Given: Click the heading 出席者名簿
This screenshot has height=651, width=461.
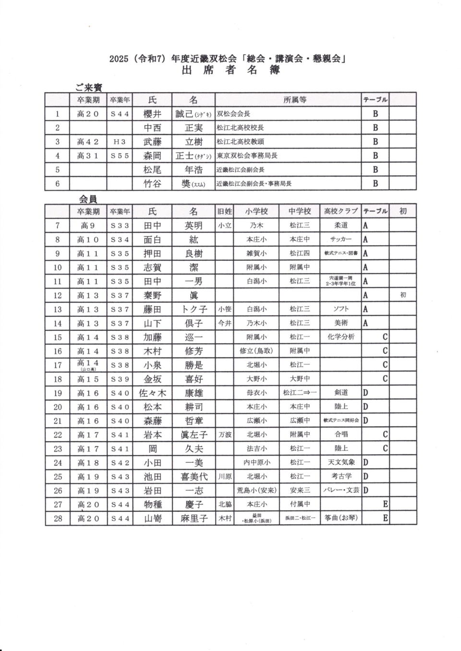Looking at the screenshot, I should click(x=230, y=70).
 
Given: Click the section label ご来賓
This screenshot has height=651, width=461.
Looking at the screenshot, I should click(x=88, y=87).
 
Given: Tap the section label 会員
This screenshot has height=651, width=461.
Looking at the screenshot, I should click(x=88, y=199).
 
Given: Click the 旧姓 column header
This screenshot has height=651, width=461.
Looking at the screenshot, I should click(x=224, y=211).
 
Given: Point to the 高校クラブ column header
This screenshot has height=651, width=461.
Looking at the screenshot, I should click(x=341, y=211).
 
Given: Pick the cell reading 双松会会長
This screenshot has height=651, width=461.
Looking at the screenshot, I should click(x=233, y=114).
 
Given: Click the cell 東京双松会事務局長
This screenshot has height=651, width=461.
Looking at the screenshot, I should click(x=247, y=156).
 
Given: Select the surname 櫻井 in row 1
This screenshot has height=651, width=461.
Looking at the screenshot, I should click(x=152, y=114).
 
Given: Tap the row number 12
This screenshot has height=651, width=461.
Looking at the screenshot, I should click(x=58, y=295).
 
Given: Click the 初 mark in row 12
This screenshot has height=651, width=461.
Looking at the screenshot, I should click(x=402, y=295).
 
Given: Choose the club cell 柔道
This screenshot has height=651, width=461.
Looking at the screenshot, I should click(x=341, y=225).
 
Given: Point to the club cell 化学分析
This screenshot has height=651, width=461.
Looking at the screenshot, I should click(x=341, y=337).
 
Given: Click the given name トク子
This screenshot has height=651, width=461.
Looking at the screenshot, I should click(x=194, y=309).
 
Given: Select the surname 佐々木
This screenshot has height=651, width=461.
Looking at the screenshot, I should click(x=152, y=393).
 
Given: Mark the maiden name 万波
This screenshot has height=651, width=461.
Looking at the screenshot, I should click(x=224, y=434).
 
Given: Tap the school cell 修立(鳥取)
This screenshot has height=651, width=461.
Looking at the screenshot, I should click(x=256, y=351).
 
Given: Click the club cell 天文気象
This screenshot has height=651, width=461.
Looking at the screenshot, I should click(x=341, y=462).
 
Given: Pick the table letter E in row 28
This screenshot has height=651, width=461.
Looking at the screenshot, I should click(x=385, y=518).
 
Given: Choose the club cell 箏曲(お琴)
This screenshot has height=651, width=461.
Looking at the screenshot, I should click(x=341, y=518).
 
